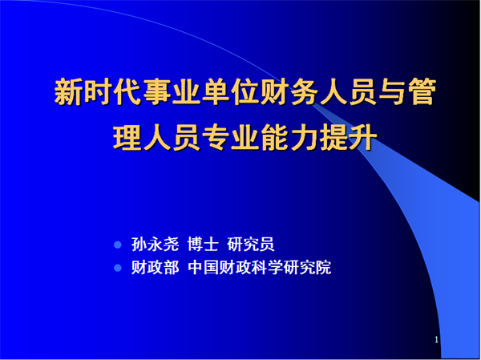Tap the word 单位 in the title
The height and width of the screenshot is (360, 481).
[x=231, y=92]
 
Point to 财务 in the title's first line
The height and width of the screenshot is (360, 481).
[x=289, y=92]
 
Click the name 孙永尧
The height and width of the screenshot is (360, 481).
[x=156, y=245]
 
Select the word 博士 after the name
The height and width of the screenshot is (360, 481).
[x=203, y=245]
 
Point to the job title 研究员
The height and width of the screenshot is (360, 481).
[x=251, y=245]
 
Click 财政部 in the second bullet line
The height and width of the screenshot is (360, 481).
[x=156, y=268]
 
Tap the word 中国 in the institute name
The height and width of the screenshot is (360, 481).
[x=203, y=268]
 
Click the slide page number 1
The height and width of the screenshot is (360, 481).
[x=437, y=340]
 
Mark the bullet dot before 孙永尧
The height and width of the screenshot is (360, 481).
[x=118, y=245]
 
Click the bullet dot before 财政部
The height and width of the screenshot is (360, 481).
[x=118, y=268]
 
